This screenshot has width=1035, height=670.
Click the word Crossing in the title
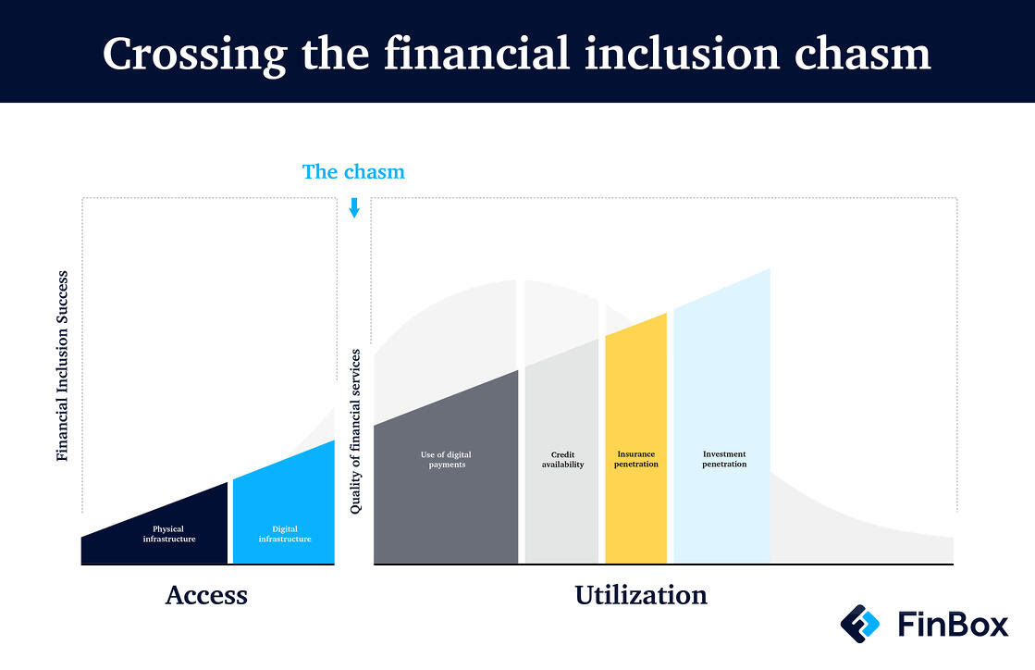pyautogui.click(x=195, y=55)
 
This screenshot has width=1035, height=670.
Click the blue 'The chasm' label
pyautogui.click(x=353, y=171)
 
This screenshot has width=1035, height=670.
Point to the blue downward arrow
pyautogui.click(x=354, y=207)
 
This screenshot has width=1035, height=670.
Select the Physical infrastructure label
pyautogui.click(x=169, y=534)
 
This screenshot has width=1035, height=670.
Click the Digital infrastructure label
pyautogui.click(x=285, y=534)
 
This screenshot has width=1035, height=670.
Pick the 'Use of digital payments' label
pyautogui.click(x=446, y=459)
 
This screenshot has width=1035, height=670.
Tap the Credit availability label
pyautogui.click(x=563, y=459)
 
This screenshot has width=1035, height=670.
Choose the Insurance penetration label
pyautogui.click(x=636, y=459)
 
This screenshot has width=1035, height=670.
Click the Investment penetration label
pyautogui.click(x=724, y=459)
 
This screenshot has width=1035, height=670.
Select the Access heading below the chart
pyautogui.click(x=206, y=595)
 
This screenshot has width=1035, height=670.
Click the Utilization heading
pyautogui.click(x=641, y=595)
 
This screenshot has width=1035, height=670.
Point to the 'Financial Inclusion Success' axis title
pyautogui.click(x=62, y=366)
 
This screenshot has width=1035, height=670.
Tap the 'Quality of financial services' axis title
pyautogui.click(x=355, y=431)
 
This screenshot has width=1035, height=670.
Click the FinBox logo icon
pyautogui.click(x=860, y=624)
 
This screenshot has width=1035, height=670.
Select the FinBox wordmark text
pyautogui.click(x=954, y=625)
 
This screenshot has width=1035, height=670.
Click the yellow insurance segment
pyautogui.click(x=635, y=439)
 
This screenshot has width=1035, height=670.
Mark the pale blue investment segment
pyautogui.click(x=721, y=416)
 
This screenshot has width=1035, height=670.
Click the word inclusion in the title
pyautogui.click(x=682, y=54)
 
